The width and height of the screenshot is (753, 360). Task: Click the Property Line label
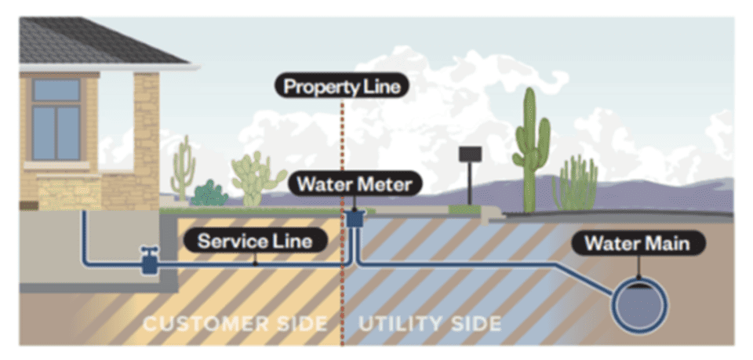point(342,86)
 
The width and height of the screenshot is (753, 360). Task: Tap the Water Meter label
point(355,185)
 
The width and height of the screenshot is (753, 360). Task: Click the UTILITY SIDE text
point(430,323)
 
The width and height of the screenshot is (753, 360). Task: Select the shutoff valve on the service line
point(148,260)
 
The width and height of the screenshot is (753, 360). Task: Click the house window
point(56,118)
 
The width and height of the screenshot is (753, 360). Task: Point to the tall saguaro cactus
point(532,149)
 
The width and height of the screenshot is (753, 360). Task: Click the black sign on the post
point(470,155)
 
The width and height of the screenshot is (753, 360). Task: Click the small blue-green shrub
point(209,194)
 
